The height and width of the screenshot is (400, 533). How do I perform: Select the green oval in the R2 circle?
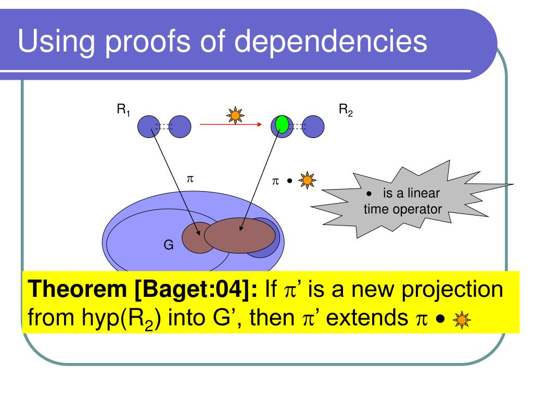point(282,124)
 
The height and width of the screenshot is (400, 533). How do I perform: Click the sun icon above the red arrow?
point(237,115)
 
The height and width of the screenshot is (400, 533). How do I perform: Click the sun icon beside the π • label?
point(307,181)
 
